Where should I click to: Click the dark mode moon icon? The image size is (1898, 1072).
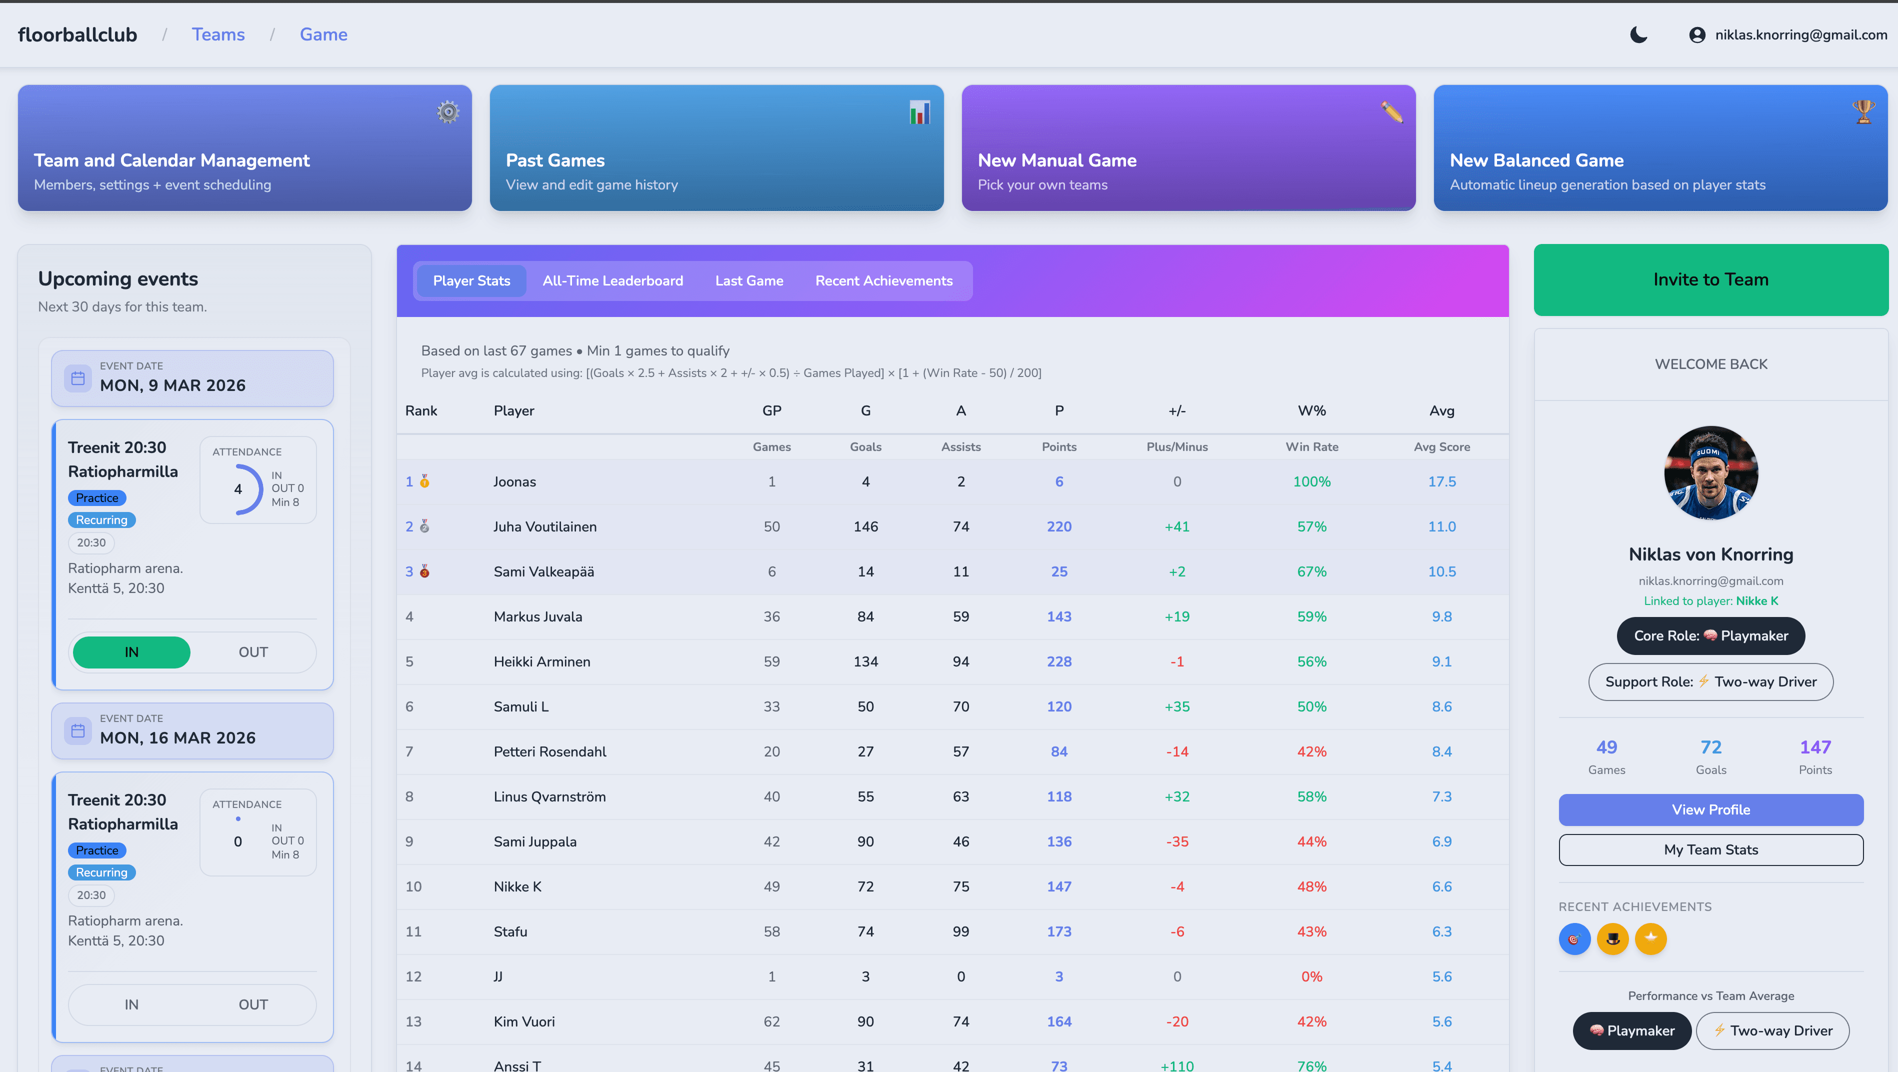point(1638,34)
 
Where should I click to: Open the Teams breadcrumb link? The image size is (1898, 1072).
point(218,34)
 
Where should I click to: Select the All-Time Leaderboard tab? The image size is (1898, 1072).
point(612,280)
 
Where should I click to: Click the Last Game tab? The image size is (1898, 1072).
point(748,280)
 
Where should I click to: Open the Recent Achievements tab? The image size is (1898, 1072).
point(883,280)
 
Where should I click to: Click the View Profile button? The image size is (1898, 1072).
point(1710,809)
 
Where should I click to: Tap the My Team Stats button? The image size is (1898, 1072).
point(1710,849)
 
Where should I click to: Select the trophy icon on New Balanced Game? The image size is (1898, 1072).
point(1863,112)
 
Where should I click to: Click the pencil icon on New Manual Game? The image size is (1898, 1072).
point(1391,112)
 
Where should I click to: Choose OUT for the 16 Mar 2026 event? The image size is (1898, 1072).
point(252,1004)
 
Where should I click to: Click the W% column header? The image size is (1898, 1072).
point(1311,410)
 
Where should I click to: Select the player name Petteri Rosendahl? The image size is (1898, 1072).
point(549,751)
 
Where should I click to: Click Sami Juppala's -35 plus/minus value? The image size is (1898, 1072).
point(1176,841)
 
